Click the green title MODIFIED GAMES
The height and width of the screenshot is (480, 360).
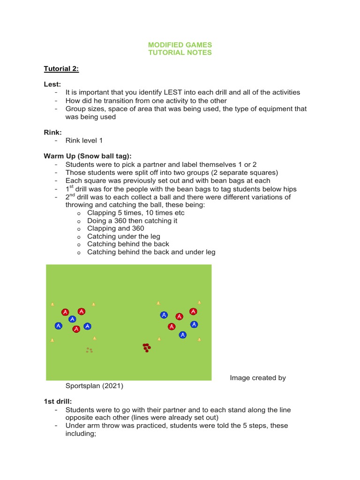click(x=180, y=45)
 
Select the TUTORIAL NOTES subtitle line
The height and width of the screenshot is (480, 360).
click(x=180, y=52)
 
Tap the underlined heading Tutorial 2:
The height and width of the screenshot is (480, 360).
click(x=61, y=69)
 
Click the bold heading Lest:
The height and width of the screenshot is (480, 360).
click(x=52, y=84)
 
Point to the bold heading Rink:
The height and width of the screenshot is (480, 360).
click(x=52, y=133)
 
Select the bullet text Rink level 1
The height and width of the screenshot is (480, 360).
click(x=84, y=141)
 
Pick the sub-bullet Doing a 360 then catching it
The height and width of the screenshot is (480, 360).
click(x=132, y=220)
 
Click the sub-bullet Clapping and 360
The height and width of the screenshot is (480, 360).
click(x=115, y=228)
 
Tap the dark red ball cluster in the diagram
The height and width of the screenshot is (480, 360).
click(x=147, y=347)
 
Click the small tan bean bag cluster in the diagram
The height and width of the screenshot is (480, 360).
click(x=89, y=350)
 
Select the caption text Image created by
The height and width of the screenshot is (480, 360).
click(x=258, y=378)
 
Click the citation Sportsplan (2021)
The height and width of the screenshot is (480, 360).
click(x=94, y=386)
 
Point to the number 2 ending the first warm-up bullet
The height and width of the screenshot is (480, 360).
click(x=255, y=165)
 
